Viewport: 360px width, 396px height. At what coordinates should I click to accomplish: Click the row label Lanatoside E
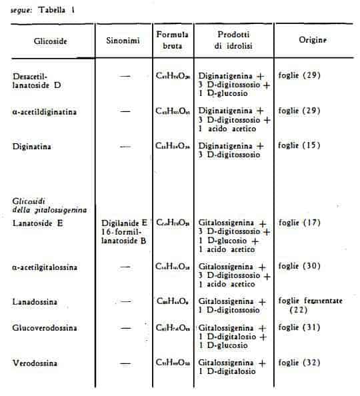tap(38, 223)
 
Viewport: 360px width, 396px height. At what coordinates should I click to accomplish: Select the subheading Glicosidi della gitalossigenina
tap(51, 205)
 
